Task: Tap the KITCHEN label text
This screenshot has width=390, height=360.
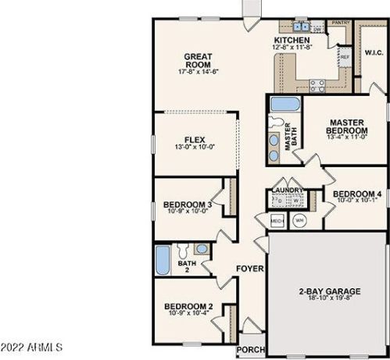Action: [x=292, y=40]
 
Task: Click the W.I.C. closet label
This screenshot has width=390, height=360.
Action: [x=373, y=53]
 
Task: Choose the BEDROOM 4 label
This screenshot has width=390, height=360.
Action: [x=356, y=194]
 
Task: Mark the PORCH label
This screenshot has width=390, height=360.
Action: [x=252, y=349]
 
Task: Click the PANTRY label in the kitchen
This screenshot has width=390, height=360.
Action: [x=340, y=23]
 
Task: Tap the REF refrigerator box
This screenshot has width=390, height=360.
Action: [x=345, y=58]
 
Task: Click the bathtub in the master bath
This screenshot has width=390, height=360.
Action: [x=284, y=105]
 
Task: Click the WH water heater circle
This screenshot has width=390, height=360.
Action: [x=299, y=220]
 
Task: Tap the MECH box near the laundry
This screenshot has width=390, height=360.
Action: [x=277, y=221]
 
